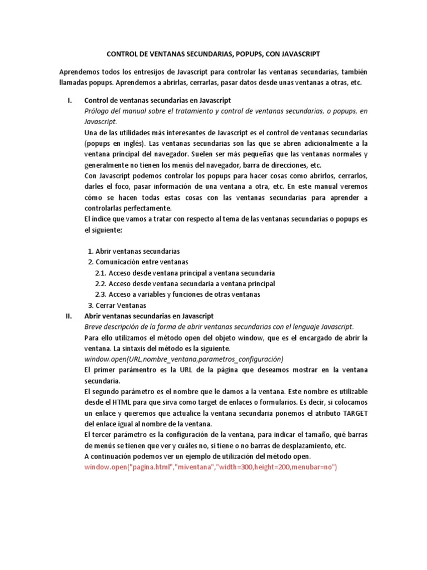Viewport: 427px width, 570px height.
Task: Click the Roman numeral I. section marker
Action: pyautogui.click(x=69, y=100)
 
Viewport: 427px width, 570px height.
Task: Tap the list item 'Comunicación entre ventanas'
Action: pyautogui.click(x=142, y=262)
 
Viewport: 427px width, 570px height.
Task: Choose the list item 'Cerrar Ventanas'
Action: pyautogui.click(x=121, y=306)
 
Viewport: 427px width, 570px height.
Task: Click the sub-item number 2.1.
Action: pyautogui.click(x=100, y=273)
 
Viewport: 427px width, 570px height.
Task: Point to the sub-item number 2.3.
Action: pyautogui.click(x=100, y=294)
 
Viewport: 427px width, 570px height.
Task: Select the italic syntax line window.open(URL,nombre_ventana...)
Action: pyautogui.click(x=183, y=359)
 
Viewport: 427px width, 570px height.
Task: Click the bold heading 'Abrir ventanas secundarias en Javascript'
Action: pyautogui.click(x=148, y=316)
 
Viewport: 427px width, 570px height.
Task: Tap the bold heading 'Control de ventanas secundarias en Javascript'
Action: pyautogui.click(x=157, y=100)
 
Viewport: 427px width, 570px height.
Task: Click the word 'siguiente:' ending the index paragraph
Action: pyautogui.click(x=106, y=229)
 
